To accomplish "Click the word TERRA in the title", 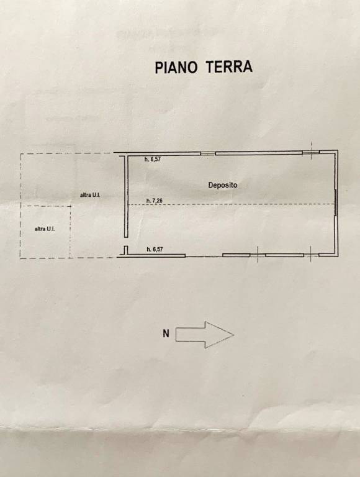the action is click(229, 66).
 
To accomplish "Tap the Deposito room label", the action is click(223, 185).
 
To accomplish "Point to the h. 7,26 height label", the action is click(155, 201).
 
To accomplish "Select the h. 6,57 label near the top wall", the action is click(152, 159).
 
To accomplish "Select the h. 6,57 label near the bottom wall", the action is click(155, 250).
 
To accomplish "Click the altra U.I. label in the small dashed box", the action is click(45, 229).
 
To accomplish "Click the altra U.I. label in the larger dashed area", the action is click(90, 195).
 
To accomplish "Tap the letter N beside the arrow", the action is click(166, 334).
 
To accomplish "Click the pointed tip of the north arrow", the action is click(233, 335).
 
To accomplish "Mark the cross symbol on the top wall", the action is click(311, 152).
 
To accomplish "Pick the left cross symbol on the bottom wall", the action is click(258, 254).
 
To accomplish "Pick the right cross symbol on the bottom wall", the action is click(311, 254).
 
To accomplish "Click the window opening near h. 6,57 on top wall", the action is click(208, 153).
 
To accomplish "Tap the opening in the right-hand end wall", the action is click(335, 202).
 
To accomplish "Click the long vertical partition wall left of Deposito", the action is click(126, 196).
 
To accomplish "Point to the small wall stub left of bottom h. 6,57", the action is click(125, 250).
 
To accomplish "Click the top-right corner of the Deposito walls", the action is click(337, 150).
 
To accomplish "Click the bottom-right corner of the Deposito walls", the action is click(337, 255).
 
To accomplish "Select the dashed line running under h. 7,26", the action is click(231, 205).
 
